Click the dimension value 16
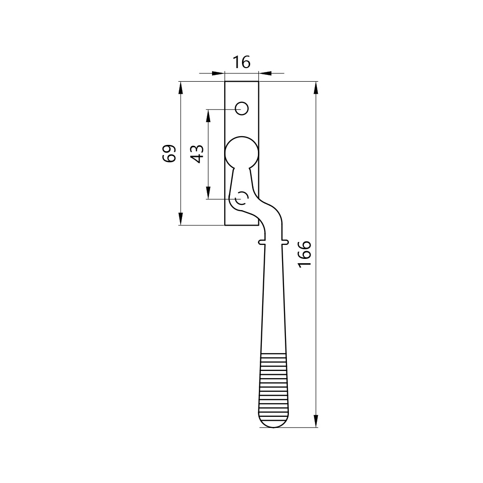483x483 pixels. click(x=241, y=62)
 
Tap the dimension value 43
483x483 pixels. click(x=197, y=154)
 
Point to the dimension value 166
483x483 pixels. click(x=305, y=254)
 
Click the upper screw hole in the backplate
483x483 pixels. click(x=242, y=108)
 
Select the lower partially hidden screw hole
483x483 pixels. click(x=241, y=198)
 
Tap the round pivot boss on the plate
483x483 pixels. click(x=242, y=153)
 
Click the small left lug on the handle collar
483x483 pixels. click(x=261, y=242)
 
